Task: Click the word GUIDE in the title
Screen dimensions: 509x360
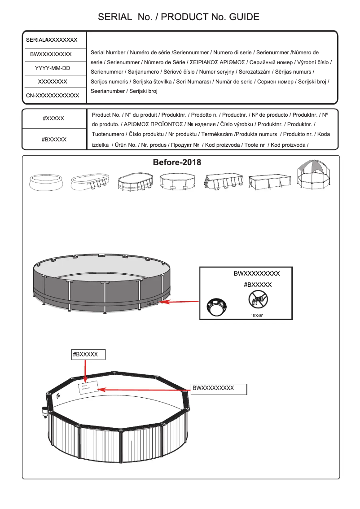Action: pyautogui.click(x=244, y=17)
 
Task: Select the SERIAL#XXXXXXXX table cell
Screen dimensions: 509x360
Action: pyautogui.click(x=52, y=40)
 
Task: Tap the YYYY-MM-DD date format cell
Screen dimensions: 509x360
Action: pyautogui.click(x=53, y=68)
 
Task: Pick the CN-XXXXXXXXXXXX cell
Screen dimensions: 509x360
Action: pyautogui.click(x=53, y=96)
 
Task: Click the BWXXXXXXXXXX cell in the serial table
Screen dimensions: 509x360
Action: pyautogui.click(x=51, y=54)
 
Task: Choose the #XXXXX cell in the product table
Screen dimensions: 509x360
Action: pyautogui.click(x=53, y=118)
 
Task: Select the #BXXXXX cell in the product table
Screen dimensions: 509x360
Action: pyautogui.click(x=54, y=140)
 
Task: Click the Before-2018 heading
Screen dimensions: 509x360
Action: pyautogui.click(x=177, y=162)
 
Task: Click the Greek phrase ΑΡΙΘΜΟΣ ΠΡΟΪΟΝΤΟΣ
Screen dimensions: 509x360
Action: pyautogui.click(x=152, y=123)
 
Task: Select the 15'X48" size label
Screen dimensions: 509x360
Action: pyautogui.click(x=257, y=315)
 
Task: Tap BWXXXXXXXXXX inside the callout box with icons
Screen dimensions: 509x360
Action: pyautogui.click(x=257, y=273)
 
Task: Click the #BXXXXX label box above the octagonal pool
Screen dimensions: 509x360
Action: pyautogui.click(x=88, y=355)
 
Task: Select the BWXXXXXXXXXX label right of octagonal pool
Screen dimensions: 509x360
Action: pyautogui.click(x=219, y=389)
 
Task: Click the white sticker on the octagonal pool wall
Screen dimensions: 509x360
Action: pyautogui.click(x=87, y=387)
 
